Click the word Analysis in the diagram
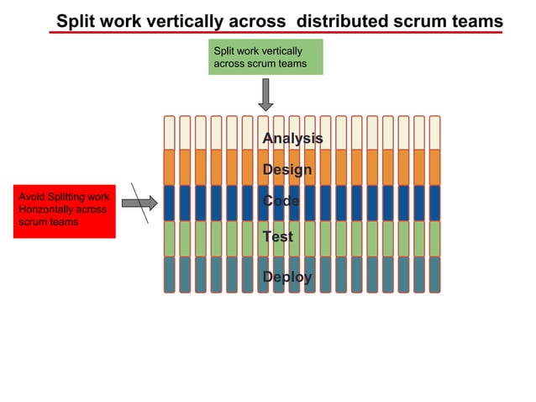[292, 138]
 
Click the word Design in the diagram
[286, 170]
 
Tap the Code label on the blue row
[281, 202]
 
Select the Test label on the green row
[277, 237]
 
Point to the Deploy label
[286, 277]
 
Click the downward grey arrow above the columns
[265, 95]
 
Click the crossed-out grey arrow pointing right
[139, 202]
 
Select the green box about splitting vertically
[265, 57]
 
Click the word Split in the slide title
[76, 21]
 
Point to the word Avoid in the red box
[31, 198]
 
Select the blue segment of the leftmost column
[169, 203]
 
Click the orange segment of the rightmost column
[434, 167]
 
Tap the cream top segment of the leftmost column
[169, 132]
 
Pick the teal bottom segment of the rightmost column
[434, 274]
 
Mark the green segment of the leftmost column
[169, 238]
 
